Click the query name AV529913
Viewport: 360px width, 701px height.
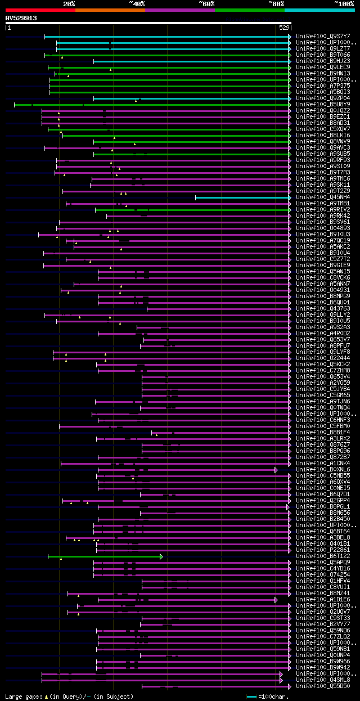click(21, 18)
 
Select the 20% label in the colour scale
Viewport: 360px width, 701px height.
click(69, 4)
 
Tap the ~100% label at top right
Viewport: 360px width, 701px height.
click(344, 4)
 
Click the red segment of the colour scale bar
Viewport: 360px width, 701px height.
click(40, 10)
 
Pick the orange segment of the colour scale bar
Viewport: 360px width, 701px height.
click(110, 10)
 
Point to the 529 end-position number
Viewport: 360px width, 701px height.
click(284, 28)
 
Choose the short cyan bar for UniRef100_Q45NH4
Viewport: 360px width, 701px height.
click(242, 197)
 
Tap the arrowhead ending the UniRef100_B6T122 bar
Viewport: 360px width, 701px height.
click(161, 556)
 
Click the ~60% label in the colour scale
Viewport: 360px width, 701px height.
click(206, 4)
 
